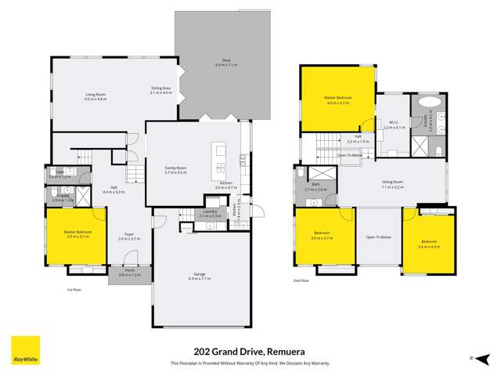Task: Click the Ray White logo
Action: point(25,350)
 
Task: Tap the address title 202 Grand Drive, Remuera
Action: point(250,352)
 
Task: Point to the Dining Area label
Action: point(161,90)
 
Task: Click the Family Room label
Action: point(175,169)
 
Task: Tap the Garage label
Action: point(200,275)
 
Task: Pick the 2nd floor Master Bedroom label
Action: point(338,99)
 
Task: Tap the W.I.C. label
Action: point(395,124)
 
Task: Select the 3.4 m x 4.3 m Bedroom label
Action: point(430,244)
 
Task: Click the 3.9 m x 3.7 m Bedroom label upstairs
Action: point(323,236)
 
